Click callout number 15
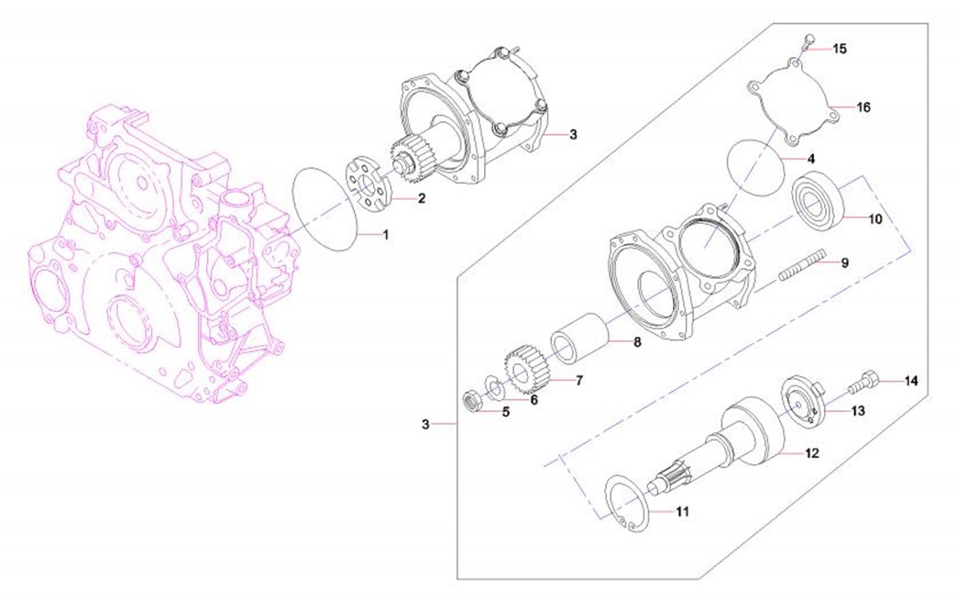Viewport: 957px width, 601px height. [840, 49]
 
